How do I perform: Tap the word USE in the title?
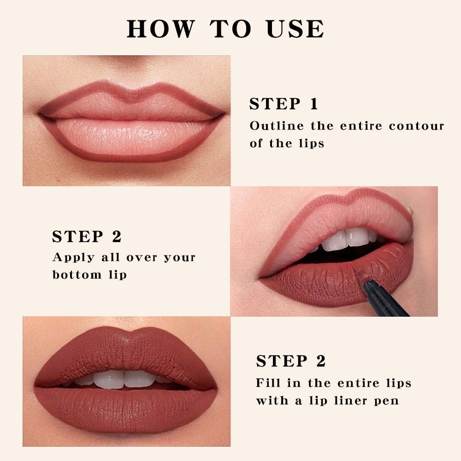(x=295, y=29)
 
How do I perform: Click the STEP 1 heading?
(x=284, y=104)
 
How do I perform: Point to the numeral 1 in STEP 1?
(x=314, y=104)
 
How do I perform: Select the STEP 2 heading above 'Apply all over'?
(x=87, y=236)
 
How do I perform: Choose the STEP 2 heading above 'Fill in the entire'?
(x=291, y=361)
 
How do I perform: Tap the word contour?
(x=416, y=126)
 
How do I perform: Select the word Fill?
(x=266, y=383)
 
